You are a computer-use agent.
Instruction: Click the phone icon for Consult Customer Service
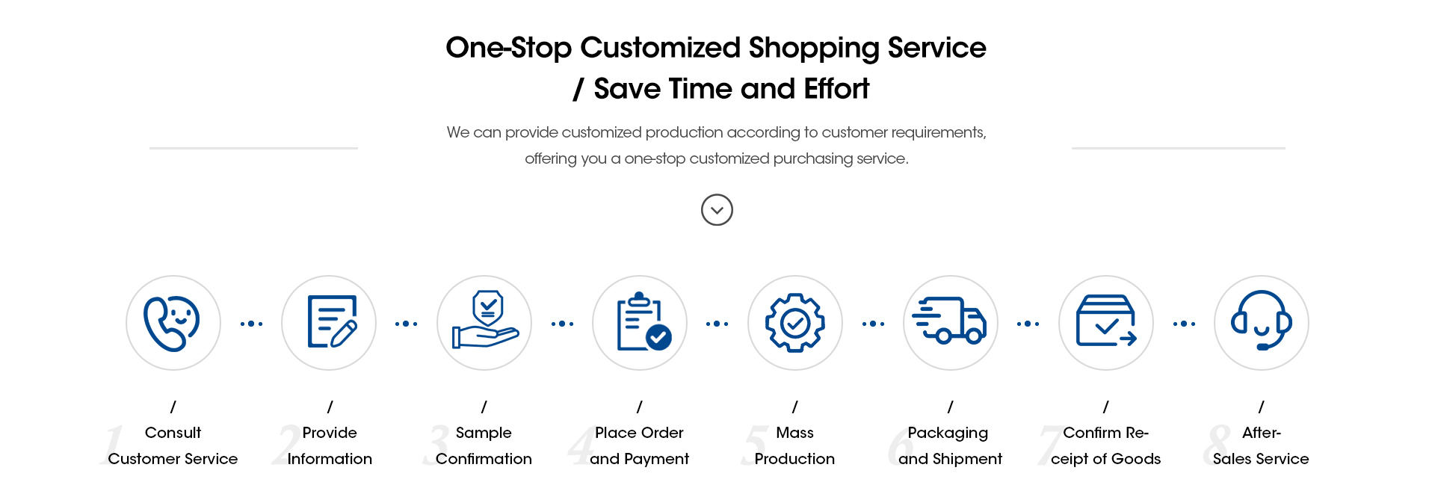pyautogui.click(x=172, y=324)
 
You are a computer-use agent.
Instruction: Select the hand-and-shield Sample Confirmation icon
pyautogui.click(x=485, y=320)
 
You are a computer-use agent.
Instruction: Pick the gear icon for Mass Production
pyautogui.click(x=795, y=323)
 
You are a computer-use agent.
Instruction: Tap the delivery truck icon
pyautogui.click(x=950, y=321)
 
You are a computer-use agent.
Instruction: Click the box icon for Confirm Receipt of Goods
pyautogui.click(x=1106, y=321)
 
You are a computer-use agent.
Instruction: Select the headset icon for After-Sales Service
pyautogui.click(x=1262, y=321)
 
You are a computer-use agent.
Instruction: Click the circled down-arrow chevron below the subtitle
pyautogui.click(x=717, y=210)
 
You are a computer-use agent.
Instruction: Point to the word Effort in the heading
pyautogui.click(x=836, y=89)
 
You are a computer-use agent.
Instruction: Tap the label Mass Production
pyautogui.click(x=794, y=445)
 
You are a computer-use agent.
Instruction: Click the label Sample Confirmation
pyautogui.click(x=484, y=445)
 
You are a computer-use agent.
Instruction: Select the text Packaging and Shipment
pyautogui.click(x=950, y=445)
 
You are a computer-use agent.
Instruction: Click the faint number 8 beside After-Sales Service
pyautogui.click(x=1217, y=445)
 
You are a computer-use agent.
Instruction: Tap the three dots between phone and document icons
pyautogui.click(x=251, y=324)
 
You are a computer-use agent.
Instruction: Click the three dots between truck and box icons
pyautogui.click(x=1028, y=324)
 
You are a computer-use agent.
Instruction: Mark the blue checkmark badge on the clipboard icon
pyautogui.click(x=658, y=338)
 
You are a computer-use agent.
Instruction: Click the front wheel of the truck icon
pyautogui.click(x=973, y=336)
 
